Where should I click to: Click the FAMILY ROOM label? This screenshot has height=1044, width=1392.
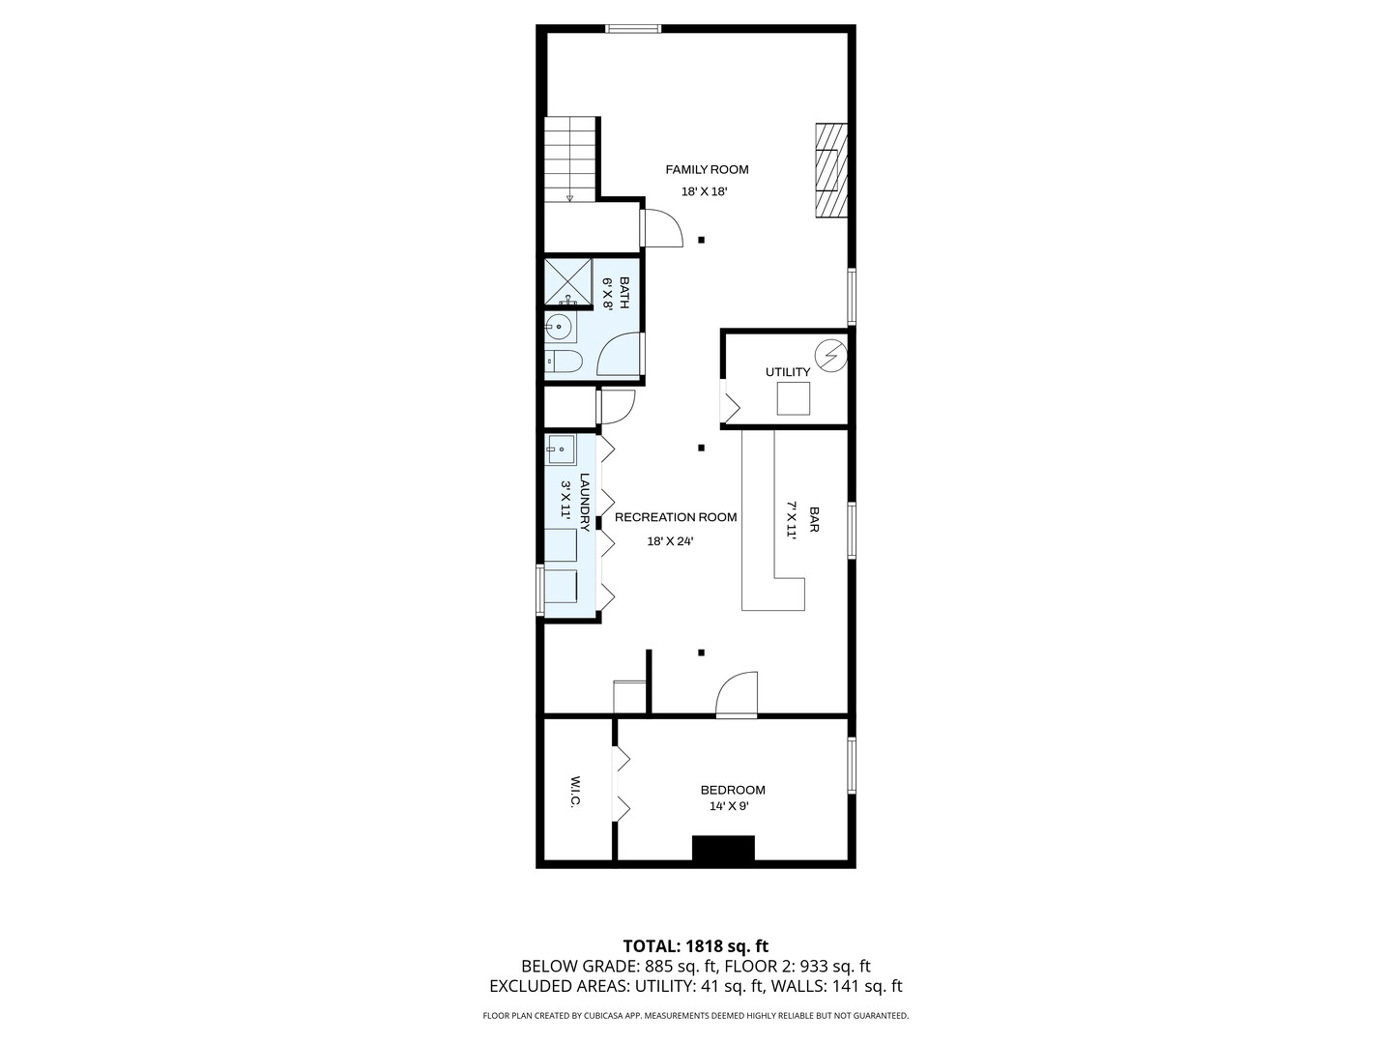[x=707, y=170]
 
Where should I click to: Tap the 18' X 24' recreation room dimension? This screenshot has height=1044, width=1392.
[x=670, y=541]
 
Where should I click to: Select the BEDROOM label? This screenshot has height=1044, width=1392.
[x=733, y=790]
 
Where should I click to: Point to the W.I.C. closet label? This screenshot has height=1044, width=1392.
[x=575, y=792]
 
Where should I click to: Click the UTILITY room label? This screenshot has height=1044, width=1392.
[x=788, y=372]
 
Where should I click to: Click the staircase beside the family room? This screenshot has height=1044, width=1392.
[x=570, y=159]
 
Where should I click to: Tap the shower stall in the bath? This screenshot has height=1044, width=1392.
[x=567, y=281]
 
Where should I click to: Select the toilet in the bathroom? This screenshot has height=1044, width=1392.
[x=563, y=362]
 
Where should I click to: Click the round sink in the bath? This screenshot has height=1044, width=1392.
[x=559, y=328]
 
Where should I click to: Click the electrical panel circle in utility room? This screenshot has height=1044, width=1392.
[x=830, y=356]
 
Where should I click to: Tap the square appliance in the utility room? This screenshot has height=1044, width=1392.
[x=794, y=398]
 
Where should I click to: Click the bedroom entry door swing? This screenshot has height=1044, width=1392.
[x=738, y=694]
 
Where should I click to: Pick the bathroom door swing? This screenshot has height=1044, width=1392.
[x=620, y=355]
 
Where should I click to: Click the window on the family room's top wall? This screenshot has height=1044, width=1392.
[x=634, y=28]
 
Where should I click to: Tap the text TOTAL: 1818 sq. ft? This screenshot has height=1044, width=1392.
[x=695, y=945]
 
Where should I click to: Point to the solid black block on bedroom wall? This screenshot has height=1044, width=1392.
[x=723, y=849]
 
